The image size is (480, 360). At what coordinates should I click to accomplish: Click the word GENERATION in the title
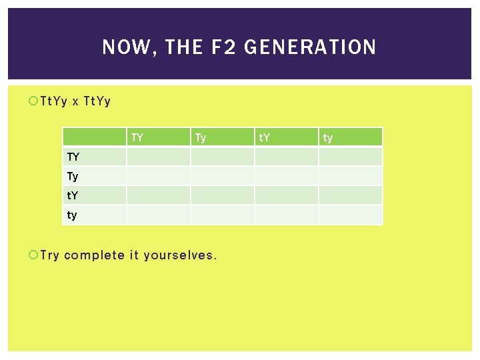click(311, 47)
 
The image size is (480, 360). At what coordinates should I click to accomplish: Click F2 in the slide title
click(223, 47)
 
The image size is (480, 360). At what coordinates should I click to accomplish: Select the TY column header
click(137, 138)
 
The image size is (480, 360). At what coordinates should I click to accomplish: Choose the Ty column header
click(201, 138)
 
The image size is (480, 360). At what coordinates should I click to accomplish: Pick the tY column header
click(265, 138)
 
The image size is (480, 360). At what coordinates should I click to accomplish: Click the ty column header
click(328, 138)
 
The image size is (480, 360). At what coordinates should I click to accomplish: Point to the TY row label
click(73, 157)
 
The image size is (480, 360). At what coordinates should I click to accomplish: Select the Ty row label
click(73, 177)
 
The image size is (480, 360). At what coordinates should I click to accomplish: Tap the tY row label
click(73, 196)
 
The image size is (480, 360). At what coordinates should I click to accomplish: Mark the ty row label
click(72, 215)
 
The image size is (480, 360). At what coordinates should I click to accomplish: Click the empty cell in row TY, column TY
click(159, 157)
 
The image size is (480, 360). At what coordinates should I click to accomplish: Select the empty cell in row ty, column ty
click(351, 215)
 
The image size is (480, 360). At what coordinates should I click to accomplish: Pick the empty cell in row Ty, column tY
click(287, 176)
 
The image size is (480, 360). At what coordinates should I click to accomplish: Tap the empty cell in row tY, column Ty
click(223, 195)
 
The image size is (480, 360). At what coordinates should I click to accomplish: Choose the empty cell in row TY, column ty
click(351, 157)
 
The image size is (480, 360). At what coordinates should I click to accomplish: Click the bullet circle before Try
click(34, 255)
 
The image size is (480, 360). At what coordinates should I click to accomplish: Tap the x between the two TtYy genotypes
click(75, 102)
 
